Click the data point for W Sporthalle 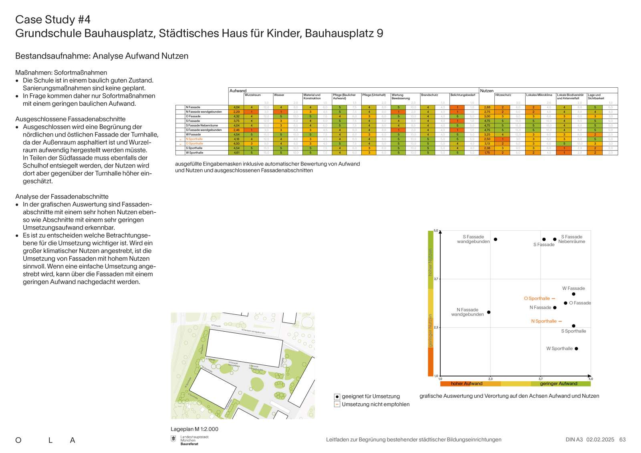point(576,348)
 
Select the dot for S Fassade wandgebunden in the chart point(495,240)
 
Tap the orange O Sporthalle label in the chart point(537,298)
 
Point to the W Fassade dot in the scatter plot point(573,294)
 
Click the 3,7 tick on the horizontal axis point(540,379)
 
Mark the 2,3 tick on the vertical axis point(436,328)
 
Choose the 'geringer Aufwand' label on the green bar point(558,384)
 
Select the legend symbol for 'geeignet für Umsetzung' point(337,397)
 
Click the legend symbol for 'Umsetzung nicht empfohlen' point(337,405)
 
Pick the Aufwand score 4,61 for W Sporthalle point(236,153)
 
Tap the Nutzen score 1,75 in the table point(487,153)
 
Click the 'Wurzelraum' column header point(253,95)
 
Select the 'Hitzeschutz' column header point(503,95)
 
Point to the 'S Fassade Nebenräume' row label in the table point(202,125)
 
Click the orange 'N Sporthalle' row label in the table point(194,139)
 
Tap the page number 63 point(622,440)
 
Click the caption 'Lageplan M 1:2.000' point(194,429)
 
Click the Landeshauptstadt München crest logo point(173,440)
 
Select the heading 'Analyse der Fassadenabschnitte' point(62,197)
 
